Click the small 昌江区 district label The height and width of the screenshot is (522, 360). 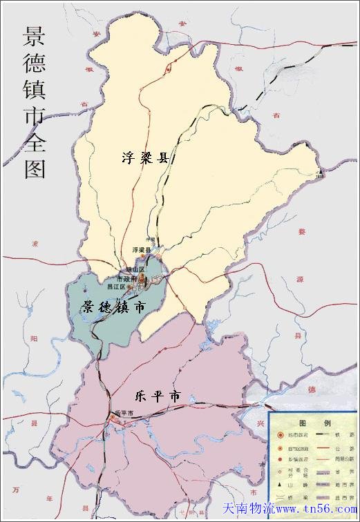116,286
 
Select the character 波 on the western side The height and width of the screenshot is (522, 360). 35,243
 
